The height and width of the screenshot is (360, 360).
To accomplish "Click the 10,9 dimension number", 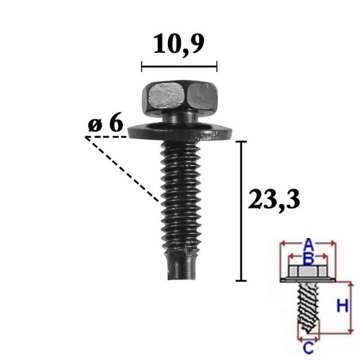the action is click(178, 44).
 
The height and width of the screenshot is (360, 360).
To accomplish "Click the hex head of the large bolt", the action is click(179, 98).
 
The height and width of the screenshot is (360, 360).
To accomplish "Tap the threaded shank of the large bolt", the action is click(181, 195).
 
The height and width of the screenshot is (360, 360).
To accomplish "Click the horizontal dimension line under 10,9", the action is click(179, 67).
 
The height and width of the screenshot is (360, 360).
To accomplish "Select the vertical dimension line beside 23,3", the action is click(241, 211).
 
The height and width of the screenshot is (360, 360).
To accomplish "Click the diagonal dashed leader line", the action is click(122, 169).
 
